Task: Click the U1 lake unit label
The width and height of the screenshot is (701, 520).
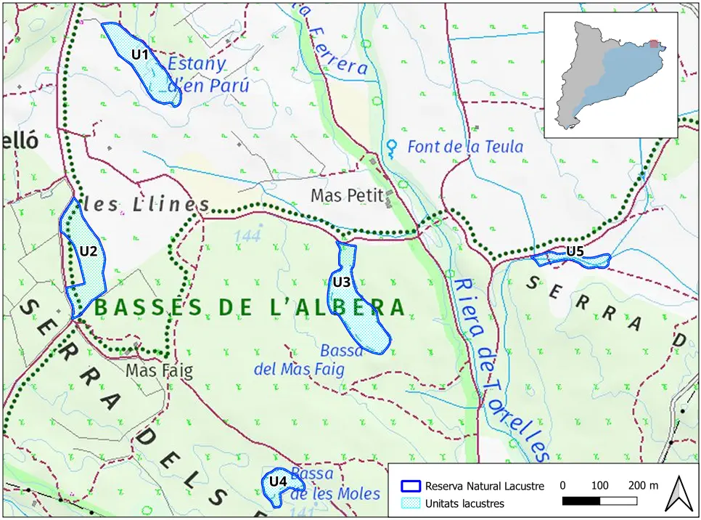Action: pyautogui.click(x=140, y=54)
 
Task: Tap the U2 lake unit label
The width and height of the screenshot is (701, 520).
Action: pyautogui.click(x=89, y=251)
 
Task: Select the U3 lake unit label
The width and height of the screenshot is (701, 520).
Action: pyautogui.click(x=342, y=281)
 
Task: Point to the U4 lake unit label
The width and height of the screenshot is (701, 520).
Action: pyautogui.click(x=278, y=481)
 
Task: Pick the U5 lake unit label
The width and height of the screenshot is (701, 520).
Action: pyautogui.click(x=575, y=251)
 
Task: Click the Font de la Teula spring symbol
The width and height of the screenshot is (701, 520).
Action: pyautogui.click(x=393, y=148)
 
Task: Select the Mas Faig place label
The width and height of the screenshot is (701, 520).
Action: pyautogui.click(x=160, y=371)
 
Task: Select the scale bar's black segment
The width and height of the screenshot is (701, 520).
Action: pyautogui.click(x=581, y=501)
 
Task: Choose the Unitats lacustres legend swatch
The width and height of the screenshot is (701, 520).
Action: pyautogui.click(x=411, y=503)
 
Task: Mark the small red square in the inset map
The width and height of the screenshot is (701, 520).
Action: pyautogui.click(x=655, y=44)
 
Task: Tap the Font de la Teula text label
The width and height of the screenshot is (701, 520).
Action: pyautogui.click(x=465, y=147)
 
